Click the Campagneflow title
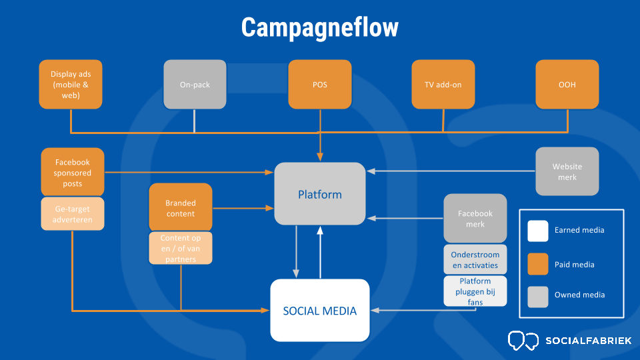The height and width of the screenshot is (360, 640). [319, 27]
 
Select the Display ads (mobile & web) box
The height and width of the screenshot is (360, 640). [71, 85]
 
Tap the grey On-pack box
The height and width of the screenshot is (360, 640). [195, 85]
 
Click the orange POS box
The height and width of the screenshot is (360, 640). [320, 85]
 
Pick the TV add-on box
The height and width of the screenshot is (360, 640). [443, 85]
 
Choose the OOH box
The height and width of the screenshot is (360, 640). [567, 85]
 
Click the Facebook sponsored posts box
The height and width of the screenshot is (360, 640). [73, 172]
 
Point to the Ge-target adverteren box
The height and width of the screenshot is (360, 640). [73, 214]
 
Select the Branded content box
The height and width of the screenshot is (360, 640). [181, 207]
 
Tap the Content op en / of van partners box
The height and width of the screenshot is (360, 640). [181, 248]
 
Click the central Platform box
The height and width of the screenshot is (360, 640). [320, 194]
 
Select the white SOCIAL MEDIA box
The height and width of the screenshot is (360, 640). [320, 311]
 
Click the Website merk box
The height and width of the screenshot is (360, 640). [567, 171]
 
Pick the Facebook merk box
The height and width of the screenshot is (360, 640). [475, 219]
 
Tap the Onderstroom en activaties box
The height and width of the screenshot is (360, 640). [475, 259]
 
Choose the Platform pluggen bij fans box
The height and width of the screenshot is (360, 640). [475, 291]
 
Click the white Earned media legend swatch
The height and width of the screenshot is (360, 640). [538, 231]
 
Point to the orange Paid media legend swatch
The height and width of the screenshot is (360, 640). [538, 264]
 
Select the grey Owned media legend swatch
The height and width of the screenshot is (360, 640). [538, 297]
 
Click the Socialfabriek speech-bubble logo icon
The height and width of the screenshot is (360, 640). [523, 341]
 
